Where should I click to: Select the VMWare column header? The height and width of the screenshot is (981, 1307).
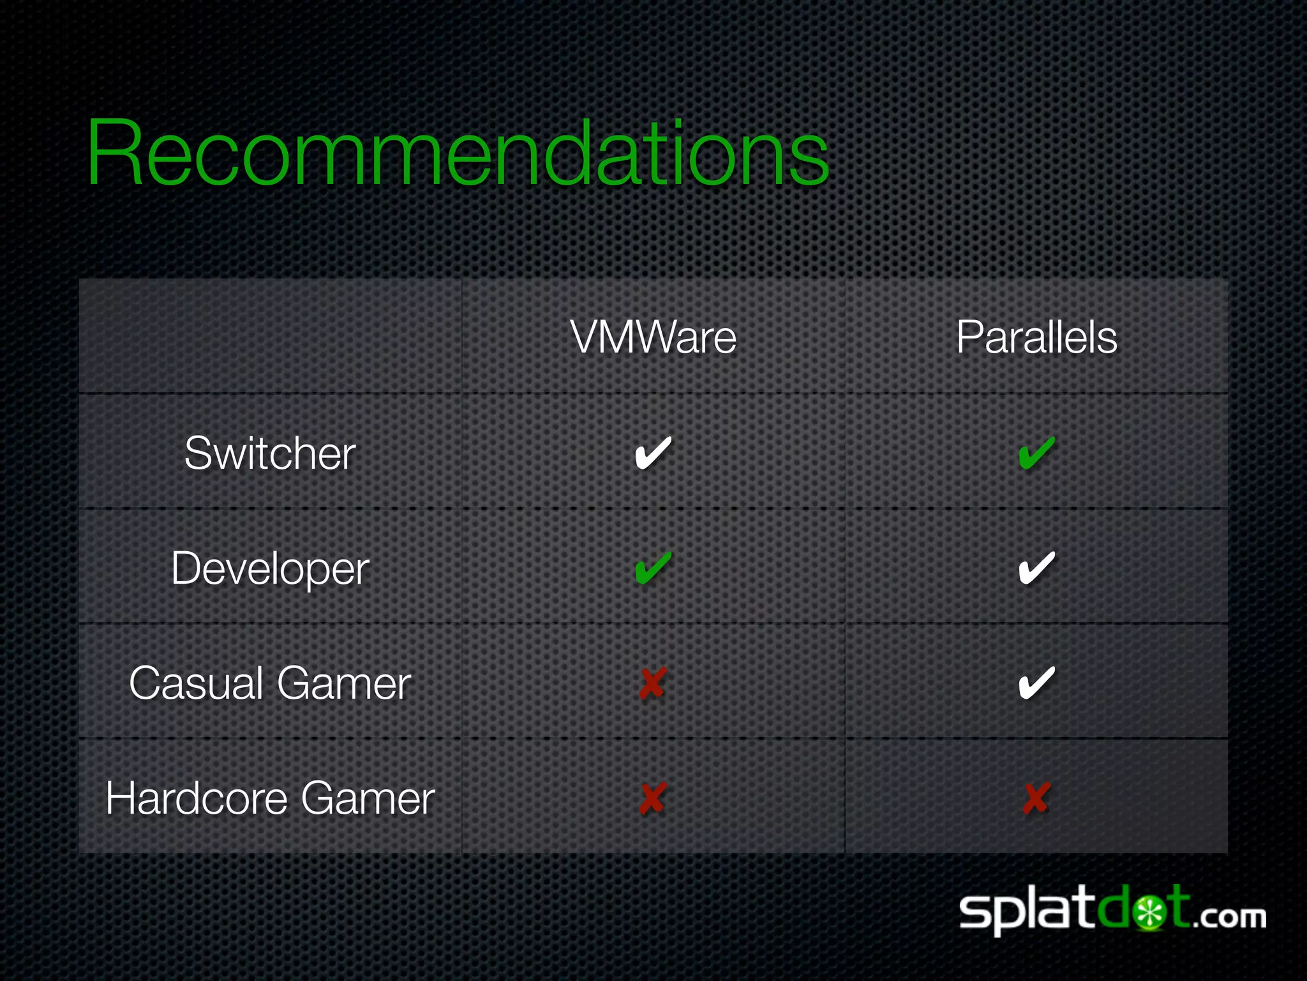coord(653,337)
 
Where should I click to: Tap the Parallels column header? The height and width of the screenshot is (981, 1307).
coord(1036,337)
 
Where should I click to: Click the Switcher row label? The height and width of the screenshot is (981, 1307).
coord(270,453)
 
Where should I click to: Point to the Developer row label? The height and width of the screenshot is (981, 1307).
coord(270,568)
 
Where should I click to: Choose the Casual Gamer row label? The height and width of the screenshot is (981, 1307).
coord(270,683)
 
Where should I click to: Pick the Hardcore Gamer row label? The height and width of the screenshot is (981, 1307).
coord(270,798)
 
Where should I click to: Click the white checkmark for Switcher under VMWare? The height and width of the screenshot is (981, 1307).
coord(653,453)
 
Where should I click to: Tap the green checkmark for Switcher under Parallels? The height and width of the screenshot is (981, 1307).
coord(1036,453)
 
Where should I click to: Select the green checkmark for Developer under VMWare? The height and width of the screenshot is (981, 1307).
coord(653,568)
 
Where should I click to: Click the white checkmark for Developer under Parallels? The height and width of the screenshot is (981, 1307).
coord(1036,568)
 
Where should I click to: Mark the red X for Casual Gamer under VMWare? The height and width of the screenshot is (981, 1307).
coord(653,683)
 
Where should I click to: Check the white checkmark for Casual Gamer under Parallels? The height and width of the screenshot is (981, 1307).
coord(1036,683)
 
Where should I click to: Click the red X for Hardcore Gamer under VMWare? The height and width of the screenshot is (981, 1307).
coord(653,798)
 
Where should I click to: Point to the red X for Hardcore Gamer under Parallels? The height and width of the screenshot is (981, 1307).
coord(1036,798)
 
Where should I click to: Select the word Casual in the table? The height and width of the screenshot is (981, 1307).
coord(197,683)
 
